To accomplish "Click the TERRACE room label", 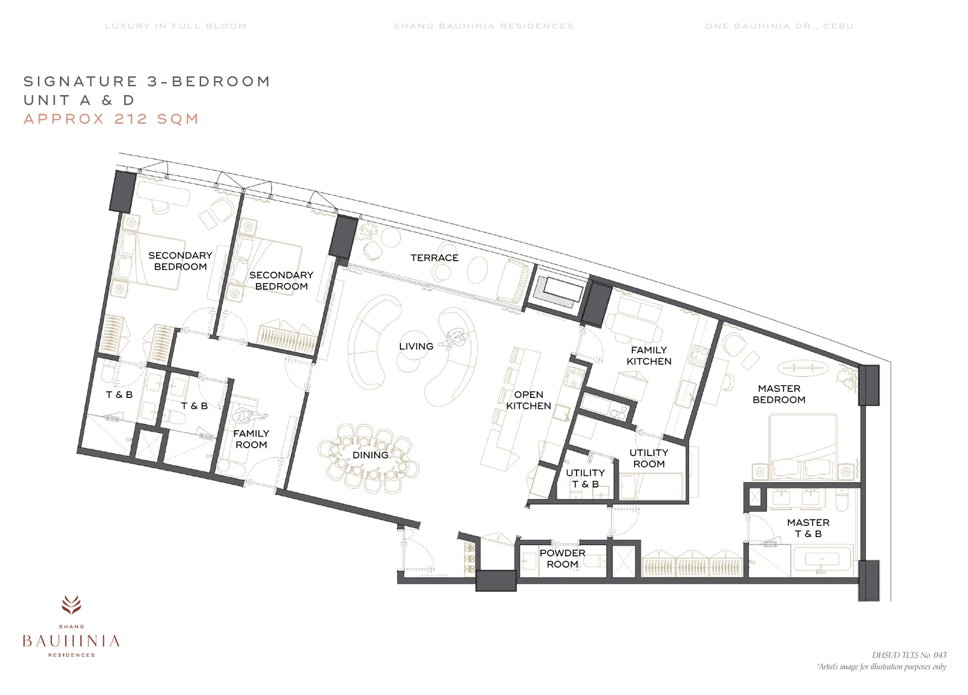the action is [x=434, y=258].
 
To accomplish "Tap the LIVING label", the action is [x=416, y=347].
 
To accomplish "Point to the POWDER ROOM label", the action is [x=562, y=558].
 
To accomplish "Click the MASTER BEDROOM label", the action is [x=779, y=394].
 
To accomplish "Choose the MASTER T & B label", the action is [x=808, y=528].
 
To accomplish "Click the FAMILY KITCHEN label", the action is [x=649, y=356].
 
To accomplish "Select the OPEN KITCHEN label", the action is [x=529, y=400].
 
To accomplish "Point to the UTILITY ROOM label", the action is [x=649, y=458].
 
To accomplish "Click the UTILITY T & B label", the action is [x=585, y=478].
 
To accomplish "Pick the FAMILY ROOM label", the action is [x=251, y=439].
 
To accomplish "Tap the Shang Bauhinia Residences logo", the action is [x=71, y=626].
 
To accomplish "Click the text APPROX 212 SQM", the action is [x=111, y=119].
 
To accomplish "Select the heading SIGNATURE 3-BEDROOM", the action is [x=147, y=81].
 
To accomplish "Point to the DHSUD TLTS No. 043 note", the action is [x=909, y=655].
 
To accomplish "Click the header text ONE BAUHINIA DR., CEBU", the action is [x=779, y=26].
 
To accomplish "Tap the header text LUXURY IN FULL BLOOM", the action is [x=176, y=26].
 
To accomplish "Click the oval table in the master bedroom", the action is [x=803, y=368].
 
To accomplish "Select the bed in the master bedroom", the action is [x=803, y=446].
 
